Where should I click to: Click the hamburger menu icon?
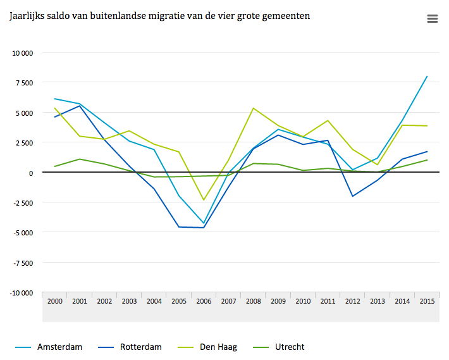tap(433, 19)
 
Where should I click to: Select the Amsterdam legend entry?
tap(59, 347)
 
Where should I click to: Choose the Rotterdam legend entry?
tap(141, 347)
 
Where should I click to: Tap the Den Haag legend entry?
tap(218, 347)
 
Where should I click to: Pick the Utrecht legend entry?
tap(290, 347)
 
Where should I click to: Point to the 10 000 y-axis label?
tap(23, 53)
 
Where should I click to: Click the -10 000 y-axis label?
tap(22, 293)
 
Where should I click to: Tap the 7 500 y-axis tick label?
tap(25, 83)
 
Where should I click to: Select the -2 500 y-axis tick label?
tap(23, 203)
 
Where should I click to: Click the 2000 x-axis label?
tap(55, 301)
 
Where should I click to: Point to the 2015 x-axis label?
tap(427, 301)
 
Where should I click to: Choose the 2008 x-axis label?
tap(253, 301)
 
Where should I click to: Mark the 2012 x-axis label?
tap(352, 301)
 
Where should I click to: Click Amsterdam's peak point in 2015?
tap(427, 77)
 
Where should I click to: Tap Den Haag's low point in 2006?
tap(204, 201)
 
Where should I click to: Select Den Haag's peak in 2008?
tap(253, 108)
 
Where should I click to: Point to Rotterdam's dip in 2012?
tap(352, 196)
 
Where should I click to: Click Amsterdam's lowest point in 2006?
tap(204, 223)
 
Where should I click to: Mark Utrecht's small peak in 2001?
tap(80, 159)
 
